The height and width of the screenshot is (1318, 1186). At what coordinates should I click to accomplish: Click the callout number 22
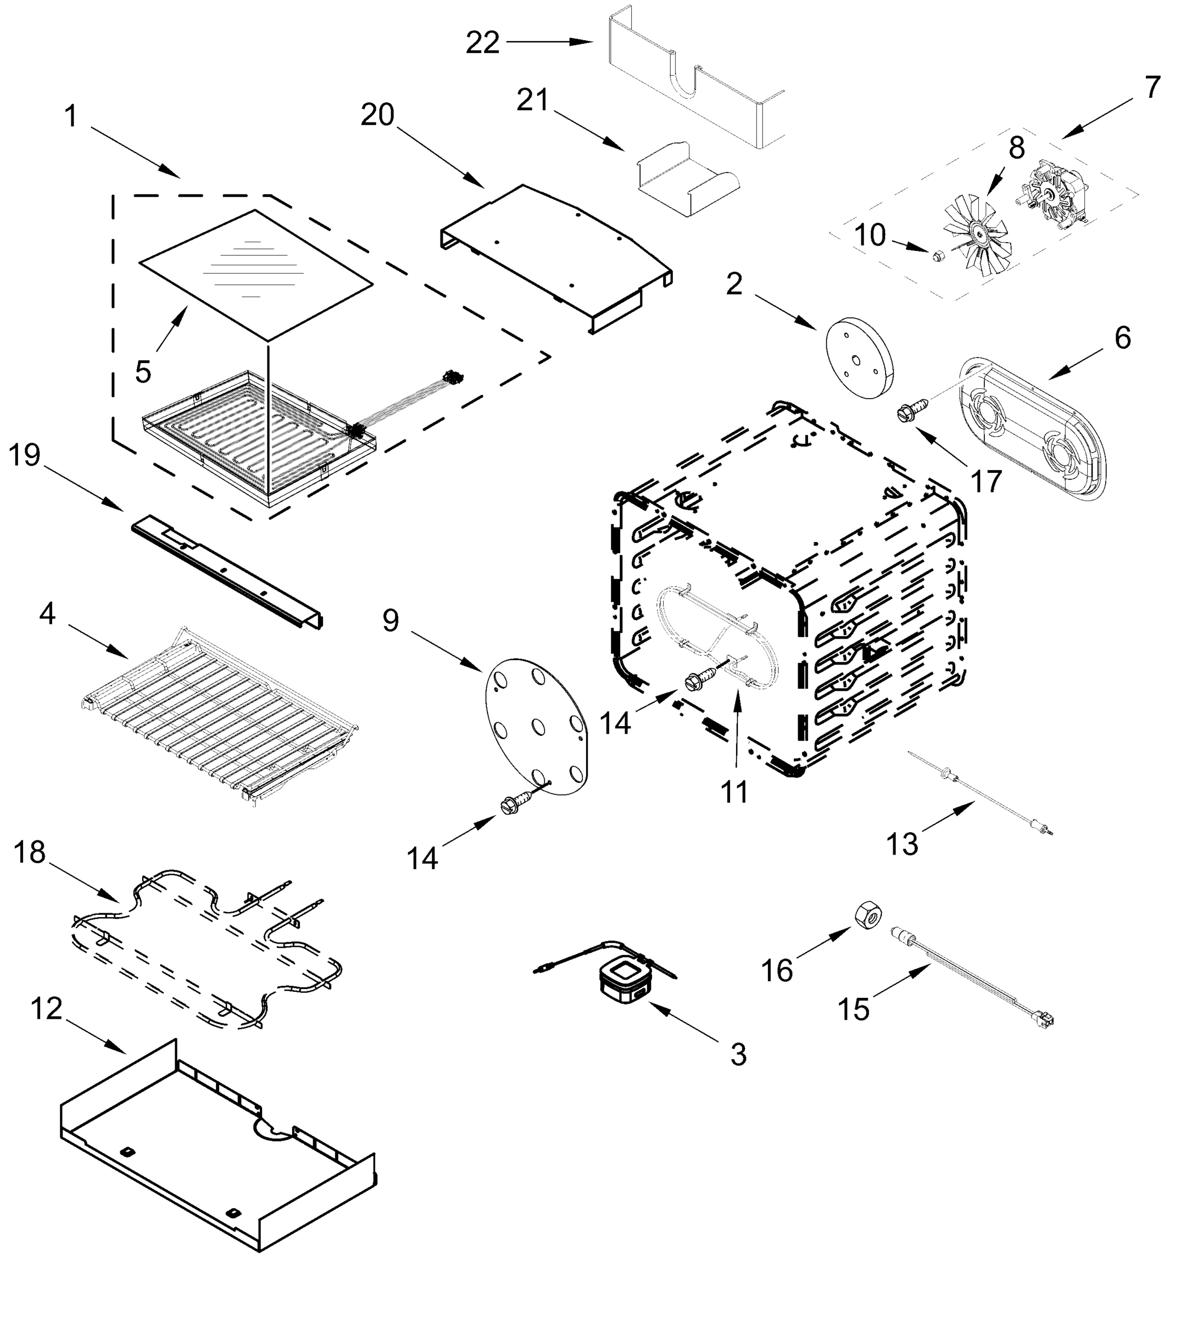point(483,43)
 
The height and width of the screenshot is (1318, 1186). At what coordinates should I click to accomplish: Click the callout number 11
point(734,793)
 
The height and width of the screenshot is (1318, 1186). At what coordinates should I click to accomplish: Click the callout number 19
point(25,455)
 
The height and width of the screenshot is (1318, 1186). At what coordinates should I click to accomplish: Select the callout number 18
point(30,852)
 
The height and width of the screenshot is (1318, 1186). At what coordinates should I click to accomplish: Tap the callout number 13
point(902,845)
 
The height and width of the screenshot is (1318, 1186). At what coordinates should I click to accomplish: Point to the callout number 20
point(378,115)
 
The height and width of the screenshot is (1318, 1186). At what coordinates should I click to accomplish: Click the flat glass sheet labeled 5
point(255,273)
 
